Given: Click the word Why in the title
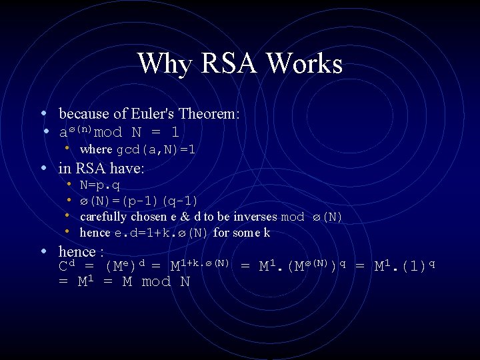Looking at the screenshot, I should (164, 64).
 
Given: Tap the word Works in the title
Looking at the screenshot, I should (304, 64).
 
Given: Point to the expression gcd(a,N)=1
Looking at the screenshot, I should (156, 150).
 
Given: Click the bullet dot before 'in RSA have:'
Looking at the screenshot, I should (43, 169).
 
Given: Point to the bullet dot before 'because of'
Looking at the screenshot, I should (43, 113).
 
